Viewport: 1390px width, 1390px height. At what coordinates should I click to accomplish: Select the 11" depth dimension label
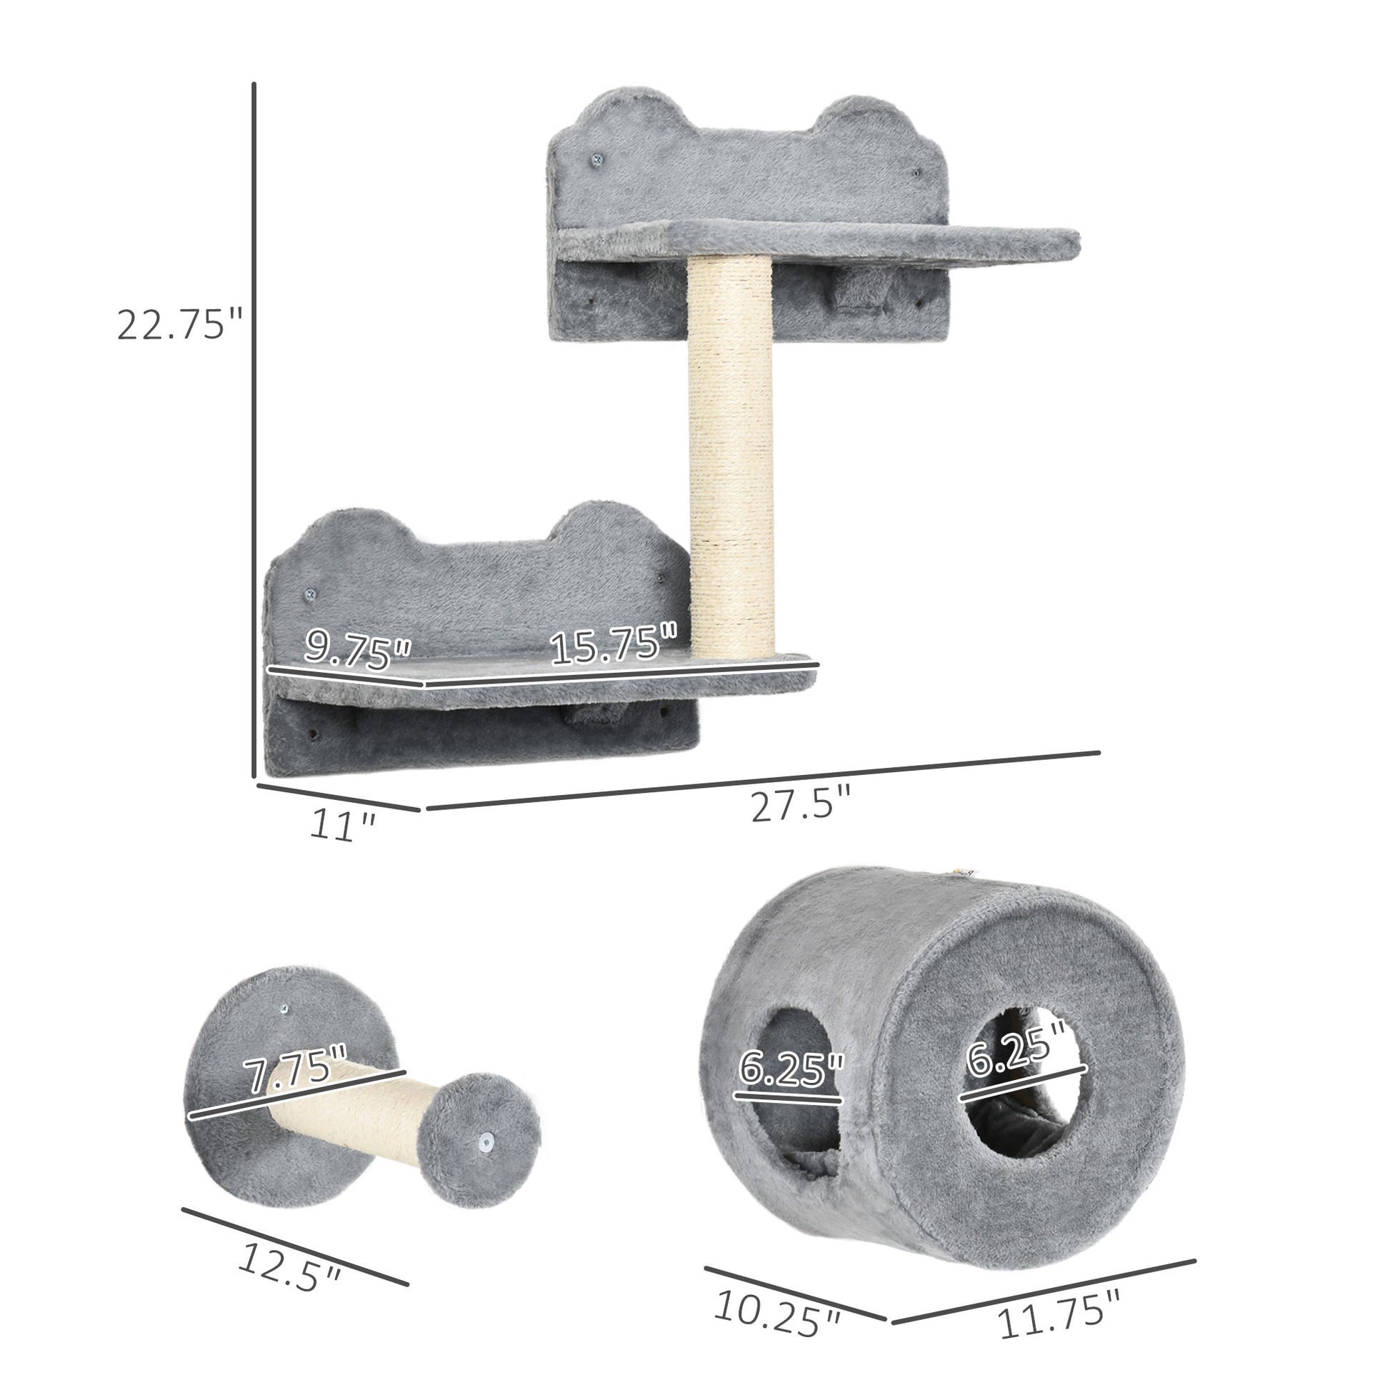pos(342,825)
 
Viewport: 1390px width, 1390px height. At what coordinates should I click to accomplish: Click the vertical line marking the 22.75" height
pos(254,431)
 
